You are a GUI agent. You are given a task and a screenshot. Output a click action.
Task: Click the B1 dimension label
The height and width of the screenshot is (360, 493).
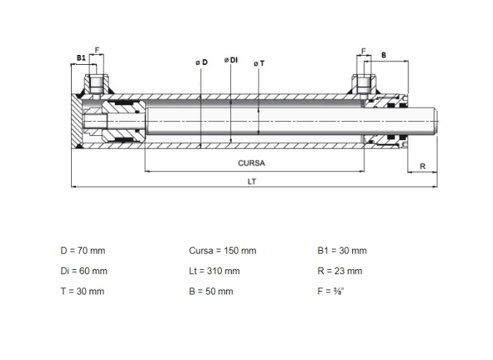tap(81, 58)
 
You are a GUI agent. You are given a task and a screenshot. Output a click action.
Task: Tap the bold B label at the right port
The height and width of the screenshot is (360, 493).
tap(384, 56)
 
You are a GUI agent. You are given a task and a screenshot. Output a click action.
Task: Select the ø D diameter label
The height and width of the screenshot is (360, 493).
tap(201, 62)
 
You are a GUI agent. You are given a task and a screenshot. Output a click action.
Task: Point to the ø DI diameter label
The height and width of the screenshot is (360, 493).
tap(231, 60)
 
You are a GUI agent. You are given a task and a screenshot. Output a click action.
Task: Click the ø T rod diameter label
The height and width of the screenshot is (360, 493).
tap(259, 64)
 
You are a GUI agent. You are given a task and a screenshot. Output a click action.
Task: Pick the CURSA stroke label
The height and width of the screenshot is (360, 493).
tap(251, 163)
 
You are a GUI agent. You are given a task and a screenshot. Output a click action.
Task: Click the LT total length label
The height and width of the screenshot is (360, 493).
tap(252, 182)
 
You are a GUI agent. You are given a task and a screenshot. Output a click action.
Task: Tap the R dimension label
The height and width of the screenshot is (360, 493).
tap(423, 166)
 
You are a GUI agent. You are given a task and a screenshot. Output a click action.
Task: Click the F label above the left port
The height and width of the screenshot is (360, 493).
tap(97, 50)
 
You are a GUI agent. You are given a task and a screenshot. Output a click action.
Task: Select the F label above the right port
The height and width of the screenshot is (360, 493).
tap(363, 51)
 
